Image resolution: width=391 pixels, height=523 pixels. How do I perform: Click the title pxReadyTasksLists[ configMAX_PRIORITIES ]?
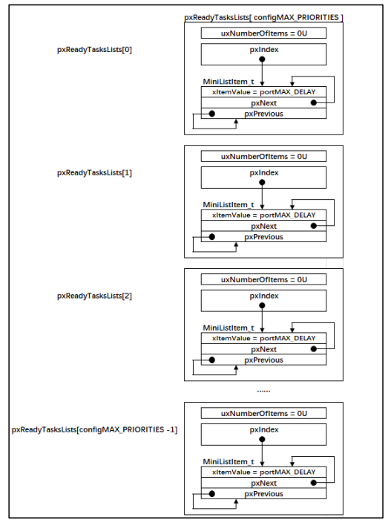263,17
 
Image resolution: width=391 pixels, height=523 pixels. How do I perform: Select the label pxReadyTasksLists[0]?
94,50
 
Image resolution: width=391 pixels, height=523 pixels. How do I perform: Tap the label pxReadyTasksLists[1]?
94,173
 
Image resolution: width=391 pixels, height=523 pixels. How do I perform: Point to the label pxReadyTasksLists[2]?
94,296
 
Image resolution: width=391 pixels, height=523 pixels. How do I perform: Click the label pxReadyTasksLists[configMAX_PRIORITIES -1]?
94,429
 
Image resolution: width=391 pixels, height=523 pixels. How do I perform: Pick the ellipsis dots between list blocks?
263,391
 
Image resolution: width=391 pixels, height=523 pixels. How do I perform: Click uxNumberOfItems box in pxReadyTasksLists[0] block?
263,33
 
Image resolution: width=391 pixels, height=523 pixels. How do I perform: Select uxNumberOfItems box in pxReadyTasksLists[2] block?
263,279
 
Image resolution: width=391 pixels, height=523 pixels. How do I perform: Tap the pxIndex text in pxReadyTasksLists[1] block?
264,173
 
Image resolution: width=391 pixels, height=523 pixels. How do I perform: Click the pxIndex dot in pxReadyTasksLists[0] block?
262,59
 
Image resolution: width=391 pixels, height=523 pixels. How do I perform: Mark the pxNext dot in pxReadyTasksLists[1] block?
313,226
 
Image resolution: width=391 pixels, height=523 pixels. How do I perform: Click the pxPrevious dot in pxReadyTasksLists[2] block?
211,360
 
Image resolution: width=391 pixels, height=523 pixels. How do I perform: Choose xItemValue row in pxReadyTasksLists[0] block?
263,92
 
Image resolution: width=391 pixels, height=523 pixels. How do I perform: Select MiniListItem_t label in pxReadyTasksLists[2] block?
229,328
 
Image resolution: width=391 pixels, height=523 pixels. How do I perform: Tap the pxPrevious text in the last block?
264,494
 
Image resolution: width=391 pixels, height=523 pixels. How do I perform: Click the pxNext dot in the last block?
313,483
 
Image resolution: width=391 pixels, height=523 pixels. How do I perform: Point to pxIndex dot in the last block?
262,439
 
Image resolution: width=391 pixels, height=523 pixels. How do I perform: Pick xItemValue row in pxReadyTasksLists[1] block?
263,215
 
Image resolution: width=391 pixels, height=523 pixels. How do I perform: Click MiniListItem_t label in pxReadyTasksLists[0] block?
229,82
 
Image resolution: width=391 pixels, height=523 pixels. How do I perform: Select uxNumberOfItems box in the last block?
263,413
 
